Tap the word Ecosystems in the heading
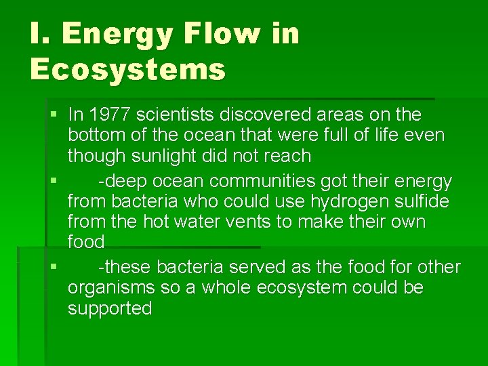point(127,68)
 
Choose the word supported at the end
point(110,309)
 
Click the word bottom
point(94,135)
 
